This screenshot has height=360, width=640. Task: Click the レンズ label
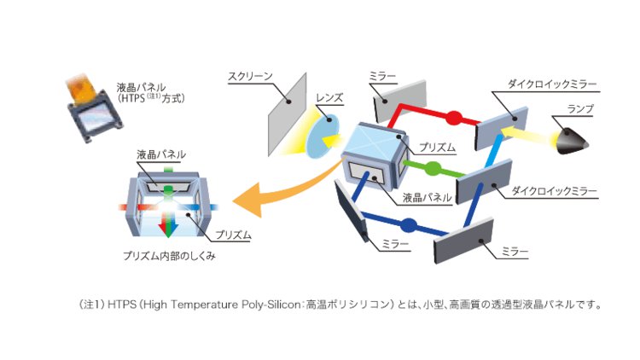328,98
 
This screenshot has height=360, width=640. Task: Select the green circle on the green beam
433,167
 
